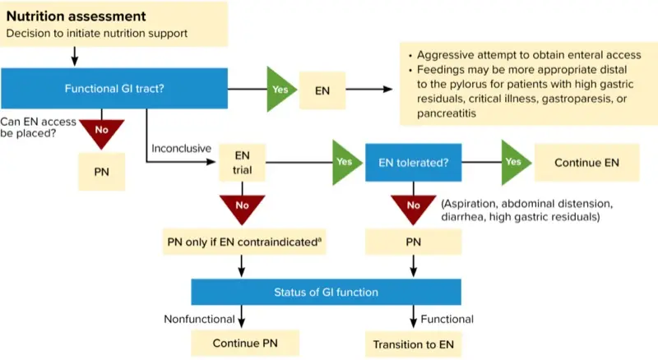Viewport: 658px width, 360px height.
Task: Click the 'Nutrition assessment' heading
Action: tap(76, 16)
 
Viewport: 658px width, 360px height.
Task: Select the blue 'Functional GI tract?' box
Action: tap(114, 89)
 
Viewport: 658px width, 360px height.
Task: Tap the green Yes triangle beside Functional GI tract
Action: tap(280, 89)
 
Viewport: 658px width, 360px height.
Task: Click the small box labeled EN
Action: tap(322, 90)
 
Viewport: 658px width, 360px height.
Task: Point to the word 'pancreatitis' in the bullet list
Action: tap(446, 113)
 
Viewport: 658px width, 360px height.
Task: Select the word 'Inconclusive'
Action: tap(181, 149)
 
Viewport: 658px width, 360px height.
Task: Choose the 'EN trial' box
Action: tap(242, 163)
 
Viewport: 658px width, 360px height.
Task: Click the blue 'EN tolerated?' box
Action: tap(414, 163)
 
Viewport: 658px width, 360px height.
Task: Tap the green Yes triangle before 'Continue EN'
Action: tap(515, 163)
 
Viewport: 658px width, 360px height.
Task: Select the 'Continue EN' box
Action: tap(586, 163)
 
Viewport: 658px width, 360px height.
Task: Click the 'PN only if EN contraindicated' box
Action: tap(244, 242)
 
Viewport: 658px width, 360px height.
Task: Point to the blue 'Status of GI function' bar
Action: tap(326, 292)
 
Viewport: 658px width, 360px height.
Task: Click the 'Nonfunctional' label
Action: tap(199, 319)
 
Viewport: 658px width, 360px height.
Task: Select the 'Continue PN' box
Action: tap(245, 344)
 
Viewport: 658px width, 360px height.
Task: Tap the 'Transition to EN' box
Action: tap(414, 344)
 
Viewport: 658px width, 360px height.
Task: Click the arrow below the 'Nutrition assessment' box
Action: tap(75, 56)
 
